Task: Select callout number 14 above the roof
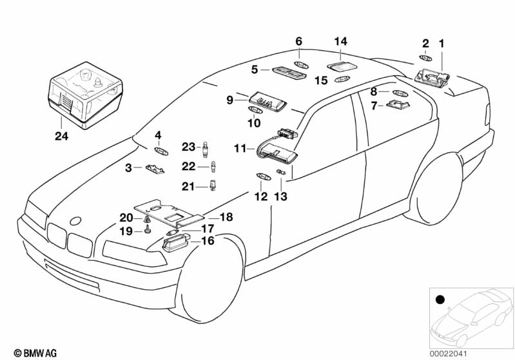pos(340,42)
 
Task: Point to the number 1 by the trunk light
pos(442,44)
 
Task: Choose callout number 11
pos(240,148)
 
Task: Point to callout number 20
pos(126,218)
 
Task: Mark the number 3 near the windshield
pos(129,167)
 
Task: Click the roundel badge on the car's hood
pos(75,220)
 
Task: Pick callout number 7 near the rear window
pos(373,105)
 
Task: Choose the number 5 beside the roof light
pos(255,68)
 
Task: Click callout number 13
pos(281,196)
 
